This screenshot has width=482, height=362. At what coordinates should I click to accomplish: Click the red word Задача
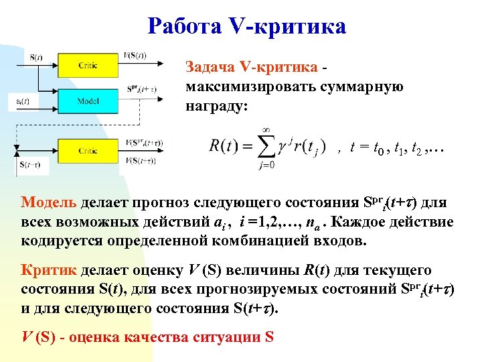pyautogui.click(x=210, y=66)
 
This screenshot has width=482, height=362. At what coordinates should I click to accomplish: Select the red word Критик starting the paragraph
pyautogui.click(x=49, y=270)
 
